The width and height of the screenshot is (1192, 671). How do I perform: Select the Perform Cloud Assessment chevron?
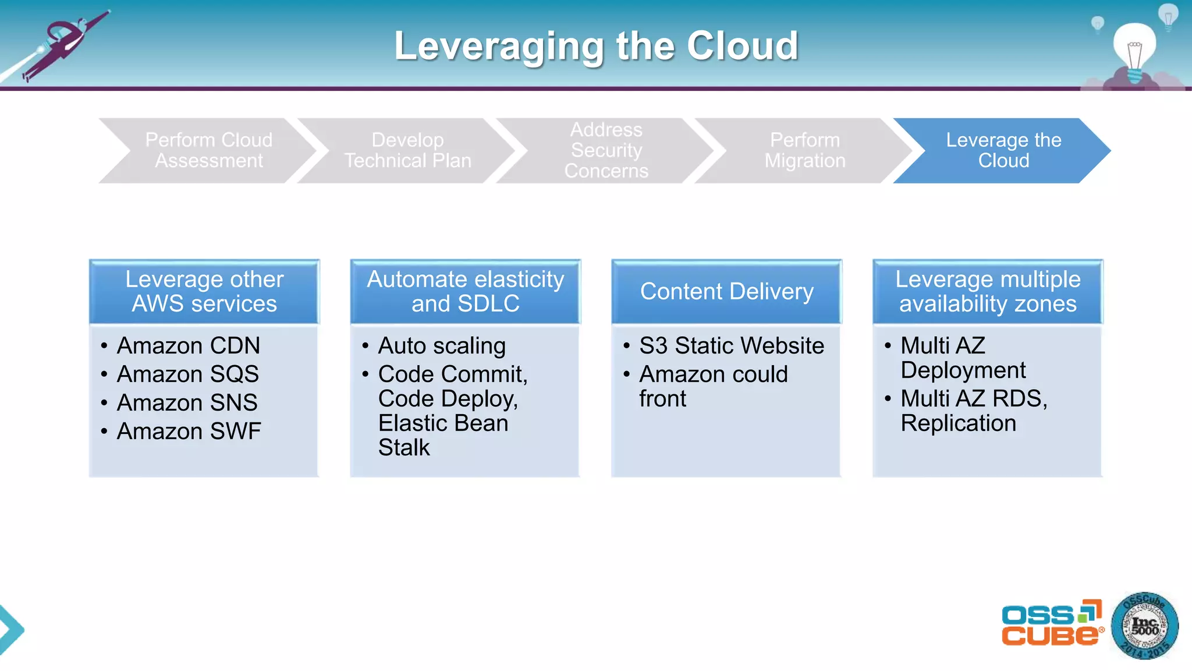tap(208, 150)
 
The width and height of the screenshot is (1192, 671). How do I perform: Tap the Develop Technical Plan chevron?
tap(407, 150)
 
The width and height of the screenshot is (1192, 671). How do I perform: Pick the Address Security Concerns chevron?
tap(606, 150)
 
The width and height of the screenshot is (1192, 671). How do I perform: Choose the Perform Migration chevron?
tap(805, 150)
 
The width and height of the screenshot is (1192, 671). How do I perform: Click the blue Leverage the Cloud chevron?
tap(1003, 150)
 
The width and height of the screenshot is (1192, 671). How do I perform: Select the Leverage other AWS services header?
tap(204, 291)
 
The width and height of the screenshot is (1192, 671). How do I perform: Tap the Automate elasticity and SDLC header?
tap(465, 291)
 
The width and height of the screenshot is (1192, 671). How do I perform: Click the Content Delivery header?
tap(726, 291)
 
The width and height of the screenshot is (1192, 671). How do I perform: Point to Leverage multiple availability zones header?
tap(988, 291)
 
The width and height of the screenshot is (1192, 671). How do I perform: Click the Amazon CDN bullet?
tap(188, 345)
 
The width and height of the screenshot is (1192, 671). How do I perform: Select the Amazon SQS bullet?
tap(187, 374)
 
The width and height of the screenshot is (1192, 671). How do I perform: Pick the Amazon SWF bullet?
tap(189, 431)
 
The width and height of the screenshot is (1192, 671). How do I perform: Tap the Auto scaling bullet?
tap(441, 345)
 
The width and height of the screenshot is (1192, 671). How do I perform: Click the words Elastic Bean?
tap(443, 423)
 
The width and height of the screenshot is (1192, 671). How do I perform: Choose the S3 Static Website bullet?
tap(731, 345)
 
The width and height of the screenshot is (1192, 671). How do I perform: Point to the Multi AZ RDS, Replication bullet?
tap(973, 411)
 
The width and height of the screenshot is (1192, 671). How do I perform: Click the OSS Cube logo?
tap(1052, 624)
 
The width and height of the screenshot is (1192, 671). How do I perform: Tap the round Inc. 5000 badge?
tap(1144, 626)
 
